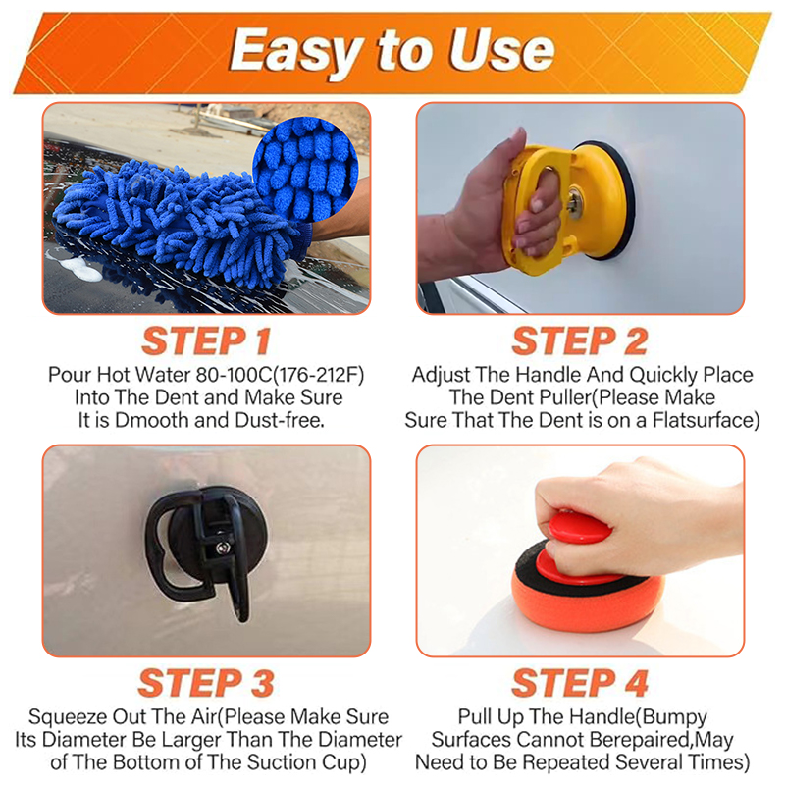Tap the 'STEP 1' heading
coord(206,340)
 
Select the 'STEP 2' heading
coord(580,340)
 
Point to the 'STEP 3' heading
coord(206,683)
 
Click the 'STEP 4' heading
coord(580,683)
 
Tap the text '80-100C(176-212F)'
coord(280,375)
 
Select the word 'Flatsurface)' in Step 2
coord(706,421)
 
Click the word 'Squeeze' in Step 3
coord(68,717)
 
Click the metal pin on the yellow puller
coord(575,202)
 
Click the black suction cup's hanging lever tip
coord(241,612)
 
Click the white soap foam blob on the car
coord(80,268)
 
